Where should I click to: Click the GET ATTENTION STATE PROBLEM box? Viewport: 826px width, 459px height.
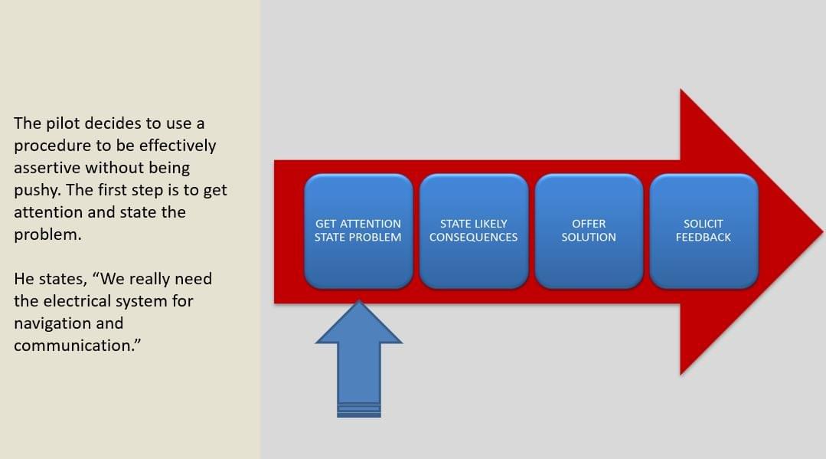point(357,231)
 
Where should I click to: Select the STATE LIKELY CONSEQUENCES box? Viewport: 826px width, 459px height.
point(473,231)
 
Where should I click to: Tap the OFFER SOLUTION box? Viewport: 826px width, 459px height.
point(589,231)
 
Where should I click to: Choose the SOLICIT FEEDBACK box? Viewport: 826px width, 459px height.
point(704,231)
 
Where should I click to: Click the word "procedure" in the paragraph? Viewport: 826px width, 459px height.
point(51,146)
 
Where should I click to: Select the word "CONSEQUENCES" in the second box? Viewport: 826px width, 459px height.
point(473,238)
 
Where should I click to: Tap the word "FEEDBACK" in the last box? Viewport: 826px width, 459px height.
point(704,238)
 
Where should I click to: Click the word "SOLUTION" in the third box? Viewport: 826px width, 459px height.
point(589,238)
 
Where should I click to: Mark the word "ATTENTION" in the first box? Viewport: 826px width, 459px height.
point(371,224)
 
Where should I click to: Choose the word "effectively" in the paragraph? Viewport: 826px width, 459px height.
point(177,146)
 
